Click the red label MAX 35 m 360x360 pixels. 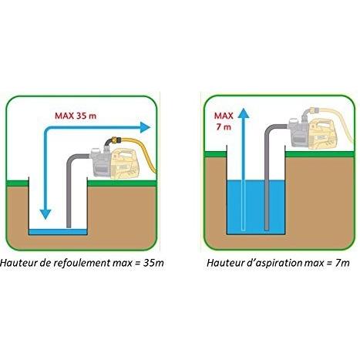click(x=76, y=116)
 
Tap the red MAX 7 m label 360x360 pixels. click(x=224, y=121)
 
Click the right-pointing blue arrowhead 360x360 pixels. click(x=145, y=127)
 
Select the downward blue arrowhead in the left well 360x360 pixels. click(x=45, y=214)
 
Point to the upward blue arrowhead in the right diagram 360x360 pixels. click(x=244, y=113)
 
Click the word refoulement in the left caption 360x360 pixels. click(x=82, y=263)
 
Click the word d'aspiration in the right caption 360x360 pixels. click(x=277, y=263)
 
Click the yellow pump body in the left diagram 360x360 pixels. click(x=124, y=163)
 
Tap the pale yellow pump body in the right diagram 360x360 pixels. click(x=324, y=134)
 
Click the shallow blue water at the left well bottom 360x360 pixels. click(x=58, y=231)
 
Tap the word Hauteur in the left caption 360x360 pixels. click(x=17, y=263)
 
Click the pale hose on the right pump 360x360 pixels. click(x=340, y=121)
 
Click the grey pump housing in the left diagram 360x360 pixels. click(x=99, y=163)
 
